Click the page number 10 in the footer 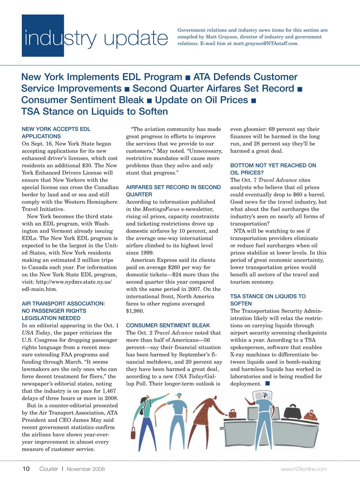click(26, 469)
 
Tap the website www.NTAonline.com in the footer click(303, 469)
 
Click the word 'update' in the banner click(136, 38)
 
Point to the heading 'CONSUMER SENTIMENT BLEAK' click(168, 325)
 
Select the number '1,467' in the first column click(109, 391)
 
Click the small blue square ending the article click(267, 383)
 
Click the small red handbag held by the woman click(232, 414)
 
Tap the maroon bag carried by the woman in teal click(133, 432)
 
